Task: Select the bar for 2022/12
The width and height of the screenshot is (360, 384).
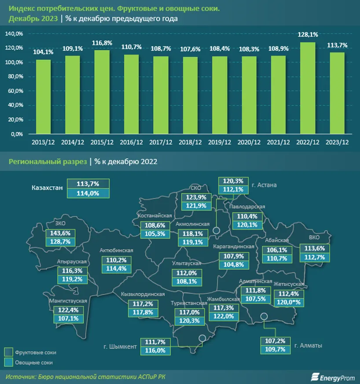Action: point(308,88)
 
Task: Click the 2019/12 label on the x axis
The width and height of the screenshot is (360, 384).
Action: point(219,142)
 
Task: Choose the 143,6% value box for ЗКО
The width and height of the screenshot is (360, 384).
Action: point(60,233)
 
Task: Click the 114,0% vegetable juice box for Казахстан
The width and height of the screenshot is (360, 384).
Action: point(88,193)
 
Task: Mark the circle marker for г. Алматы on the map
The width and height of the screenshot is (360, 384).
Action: point(264,316)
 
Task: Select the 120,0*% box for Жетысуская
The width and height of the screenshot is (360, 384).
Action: point(289,302)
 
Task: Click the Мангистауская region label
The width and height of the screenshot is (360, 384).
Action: point(69,301)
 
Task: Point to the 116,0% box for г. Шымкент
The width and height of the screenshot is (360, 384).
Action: point(154,351)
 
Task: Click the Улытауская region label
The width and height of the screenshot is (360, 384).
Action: point(187,263)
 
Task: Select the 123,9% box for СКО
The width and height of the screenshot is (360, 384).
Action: point(197,196)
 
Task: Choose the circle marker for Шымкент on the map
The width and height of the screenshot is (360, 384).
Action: point(202,338)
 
